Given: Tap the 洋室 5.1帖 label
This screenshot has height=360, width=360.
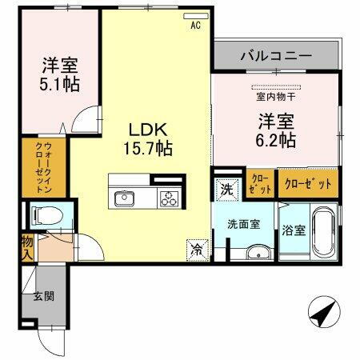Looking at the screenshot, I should (61, 73).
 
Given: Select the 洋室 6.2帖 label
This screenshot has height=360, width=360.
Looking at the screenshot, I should (276, 130).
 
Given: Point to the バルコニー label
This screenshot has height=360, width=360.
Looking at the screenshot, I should (275, 57).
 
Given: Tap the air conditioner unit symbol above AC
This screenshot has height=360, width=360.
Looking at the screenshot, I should (194, 16).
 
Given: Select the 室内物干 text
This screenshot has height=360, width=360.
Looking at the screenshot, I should (274, 98).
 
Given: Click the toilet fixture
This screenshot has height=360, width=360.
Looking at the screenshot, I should (42, 214).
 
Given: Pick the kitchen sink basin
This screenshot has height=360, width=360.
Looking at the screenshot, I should (126, 198).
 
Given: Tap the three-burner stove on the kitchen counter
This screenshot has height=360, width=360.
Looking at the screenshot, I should (168, 198).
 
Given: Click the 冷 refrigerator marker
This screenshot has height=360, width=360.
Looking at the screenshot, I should (196, 248).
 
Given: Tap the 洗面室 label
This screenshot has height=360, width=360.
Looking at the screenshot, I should (243, 225).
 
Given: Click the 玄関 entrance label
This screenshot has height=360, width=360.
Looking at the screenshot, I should (42, 297).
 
